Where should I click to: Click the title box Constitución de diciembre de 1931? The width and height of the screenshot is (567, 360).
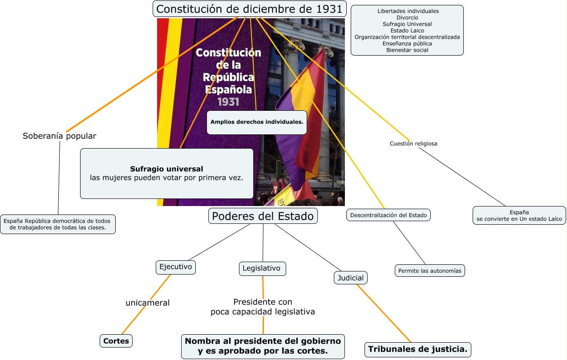(250, 9)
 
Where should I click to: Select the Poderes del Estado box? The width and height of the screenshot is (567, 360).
(263, 216)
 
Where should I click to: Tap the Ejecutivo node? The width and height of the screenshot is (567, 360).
(176, 267)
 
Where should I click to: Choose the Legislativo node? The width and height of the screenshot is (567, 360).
(262, 268)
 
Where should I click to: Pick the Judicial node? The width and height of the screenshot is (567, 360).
(351, 278)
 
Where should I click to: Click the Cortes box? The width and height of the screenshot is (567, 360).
(116, 341)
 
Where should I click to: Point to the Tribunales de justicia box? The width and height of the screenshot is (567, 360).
(418, 349)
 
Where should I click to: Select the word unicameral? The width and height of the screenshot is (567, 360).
(148, 303)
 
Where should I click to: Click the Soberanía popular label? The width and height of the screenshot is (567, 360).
(59, 136)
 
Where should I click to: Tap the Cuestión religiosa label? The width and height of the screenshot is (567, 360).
(413, 144)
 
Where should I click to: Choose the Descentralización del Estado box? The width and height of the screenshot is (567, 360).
(389, 215)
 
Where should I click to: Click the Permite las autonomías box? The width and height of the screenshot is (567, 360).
(430, 271)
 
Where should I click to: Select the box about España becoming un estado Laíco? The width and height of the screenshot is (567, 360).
(519, 216)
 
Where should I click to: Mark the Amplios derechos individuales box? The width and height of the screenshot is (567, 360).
(257, 122)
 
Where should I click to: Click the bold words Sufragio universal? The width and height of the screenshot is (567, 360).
(166, 169)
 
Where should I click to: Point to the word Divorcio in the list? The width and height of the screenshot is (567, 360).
(407, 17)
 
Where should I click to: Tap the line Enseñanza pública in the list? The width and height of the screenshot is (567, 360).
(407, 44)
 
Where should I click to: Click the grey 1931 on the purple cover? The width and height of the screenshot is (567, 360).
(228, 102)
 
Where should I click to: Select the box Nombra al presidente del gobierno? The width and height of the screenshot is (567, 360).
(263, 346)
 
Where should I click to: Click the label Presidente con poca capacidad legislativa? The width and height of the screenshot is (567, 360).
(263, 307)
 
